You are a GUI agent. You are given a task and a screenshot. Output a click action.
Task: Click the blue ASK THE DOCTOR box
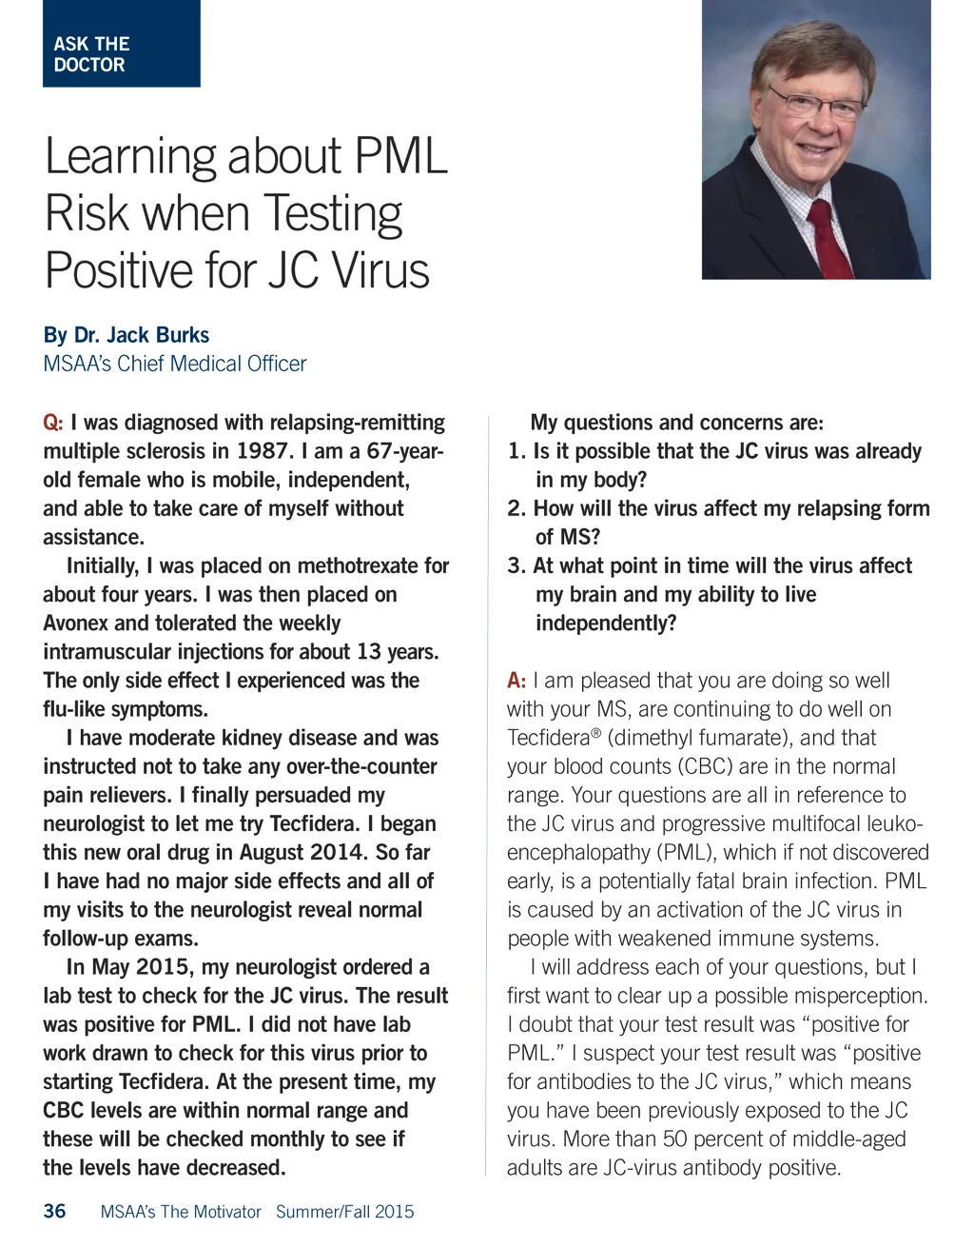tap(121, 44)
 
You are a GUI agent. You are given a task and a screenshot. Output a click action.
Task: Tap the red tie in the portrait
tap(828, 238)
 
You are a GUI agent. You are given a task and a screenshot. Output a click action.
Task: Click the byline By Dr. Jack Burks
tap(126, 335)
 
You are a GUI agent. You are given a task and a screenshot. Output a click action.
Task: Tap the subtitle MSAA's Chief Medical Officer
tap(175, 364)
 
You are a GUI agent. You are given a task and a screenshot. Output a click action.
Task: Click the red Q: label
tap(53, 423)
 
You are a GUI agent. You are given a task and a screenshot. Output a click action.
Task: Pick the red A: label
tap(516, 681)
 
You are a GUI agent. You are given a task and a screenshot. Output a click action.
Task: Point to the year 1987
tap(262, 451)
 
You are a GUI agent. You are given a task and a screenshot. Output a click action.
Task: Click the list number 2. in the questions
tap(516, 508)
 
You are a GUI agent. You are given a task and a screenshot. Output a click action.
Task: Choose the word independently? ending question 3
tap(606, 623)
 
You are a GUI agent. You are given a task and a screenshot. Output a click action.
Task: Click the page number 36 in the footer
tap(55, 1211)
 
